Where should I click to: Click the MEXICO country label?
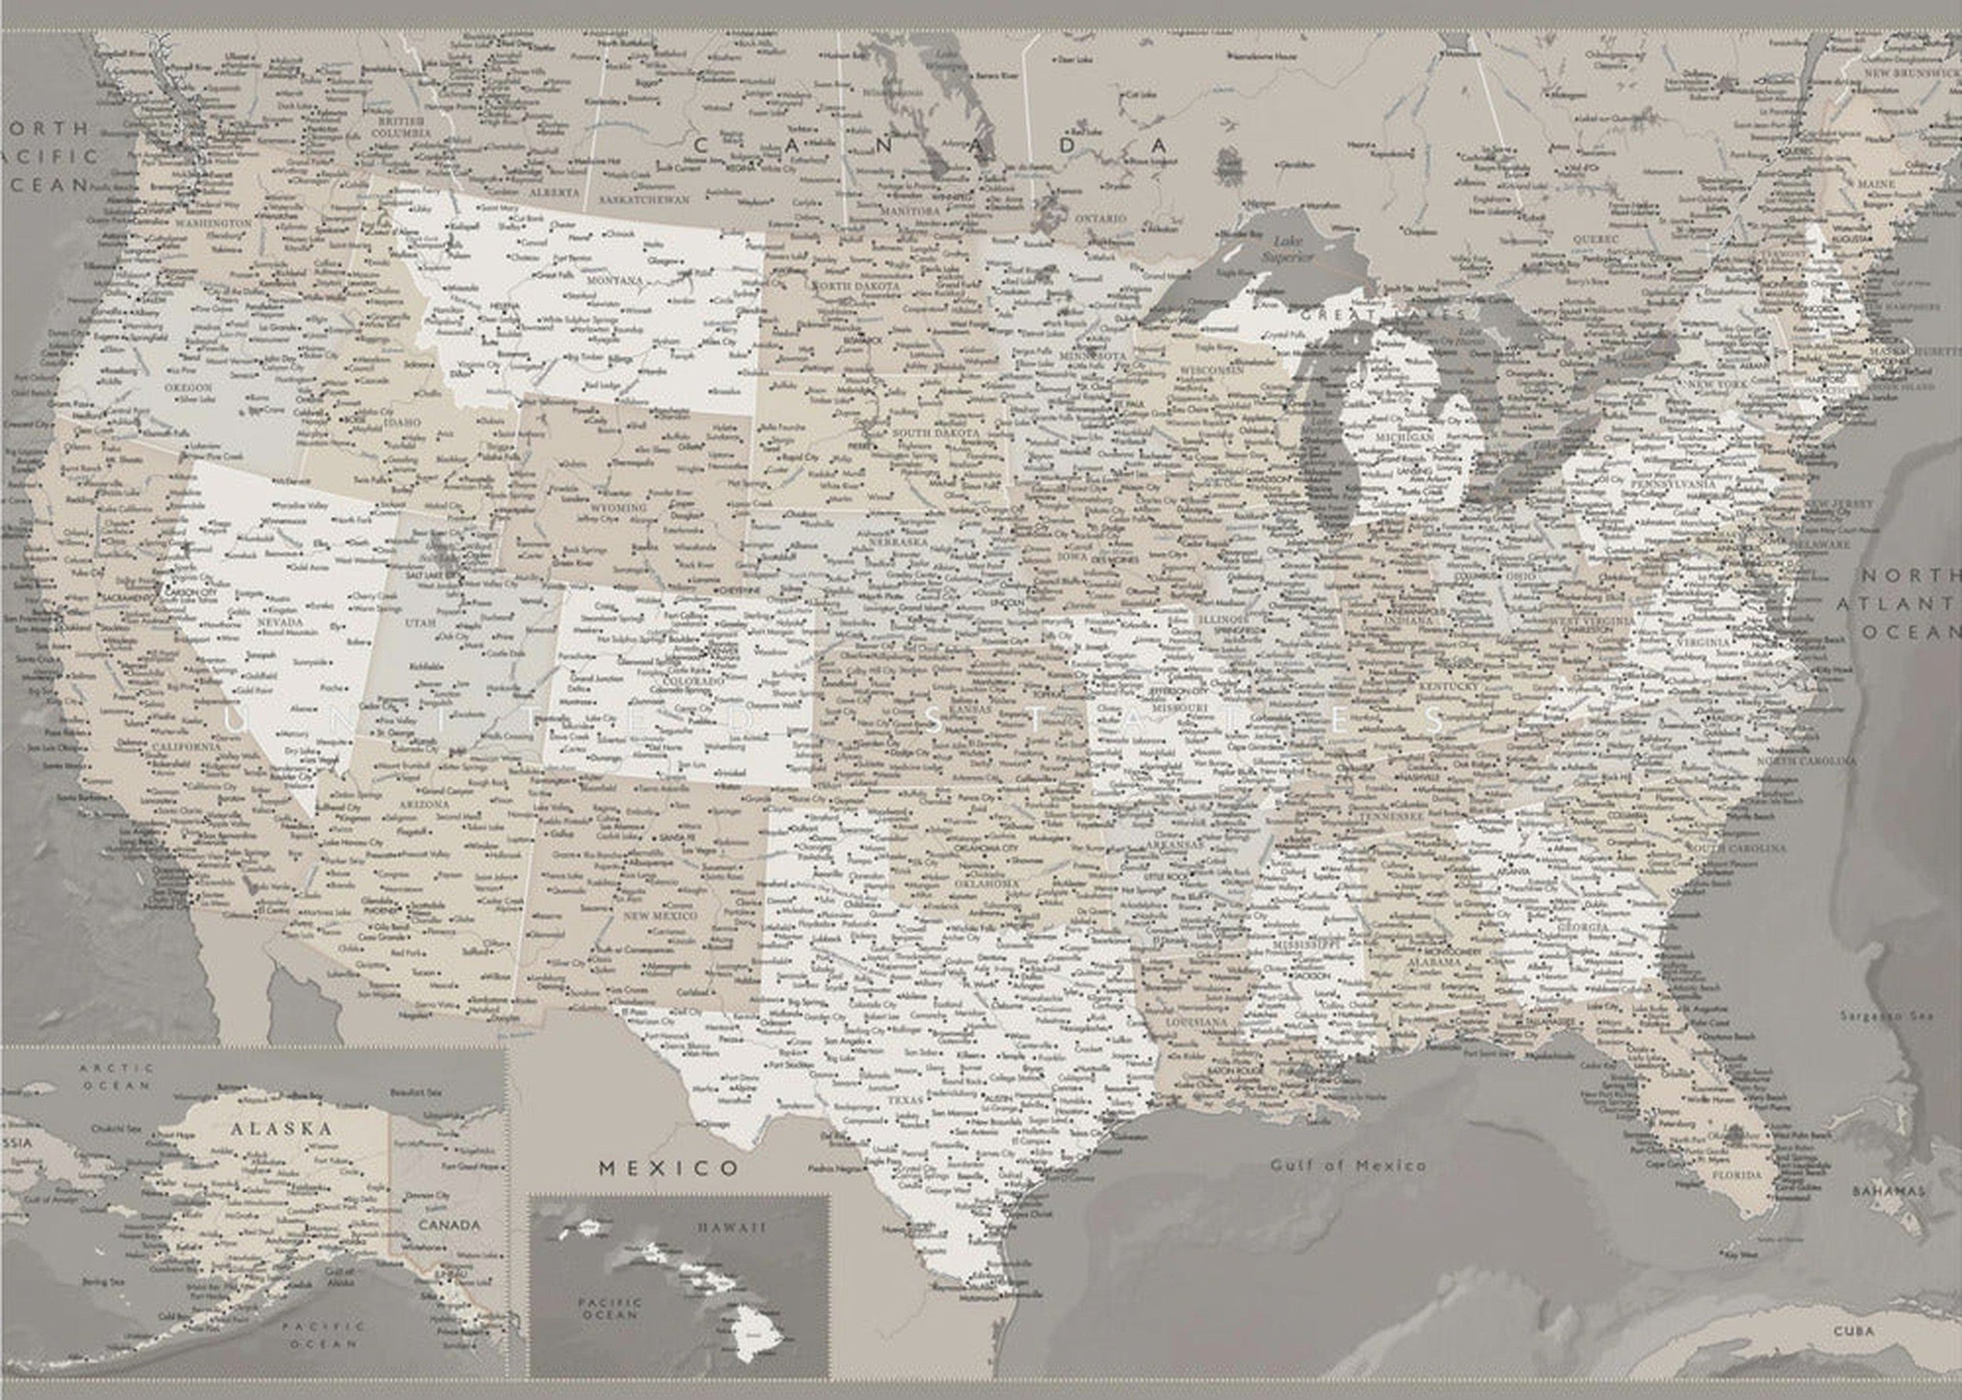pyautogui.click(x=668, y=1168)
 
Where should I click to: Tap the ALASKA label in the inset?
pyautogui.click(x=281, y=1128)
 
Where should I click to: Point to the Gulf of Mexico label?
pyautogui.click(x=1348, y=1166)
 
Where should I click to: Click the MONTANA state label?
pyautogui.click(x=615, y=280)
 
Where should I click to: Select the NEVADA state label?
pyautogui.click(x=281, y=621)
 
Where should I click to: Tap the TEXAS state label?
pyautogui.click(x=905, y=1100)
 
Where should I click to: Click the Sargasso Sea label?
pyautogui.click(x=1886, y=1015)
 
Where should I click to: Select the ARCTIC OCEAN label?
pyautogui.click(x=118, y=1076)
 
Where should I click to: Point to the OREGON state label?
pyautogui.click(x=188, y=388)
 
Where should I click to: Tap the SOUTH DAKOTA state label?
pyautogui.click(x=935, y=433)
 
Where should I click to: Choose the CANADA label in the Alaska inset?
pyautogui.click(x=449, y=1224)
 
